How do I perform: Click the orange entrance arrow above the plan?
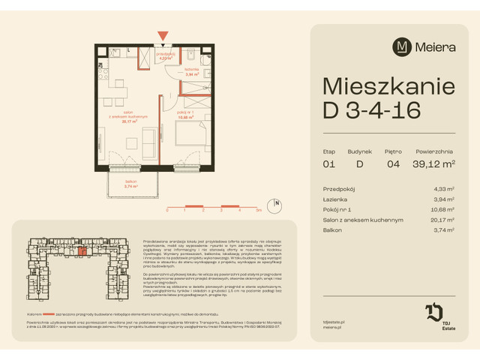coord(163,34)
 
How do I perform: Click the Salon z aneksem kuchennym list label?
coord(363,220)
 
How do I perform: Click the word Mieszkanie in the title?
coord(388,84)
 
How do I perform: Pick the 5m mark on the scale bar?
coord(256,212)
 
